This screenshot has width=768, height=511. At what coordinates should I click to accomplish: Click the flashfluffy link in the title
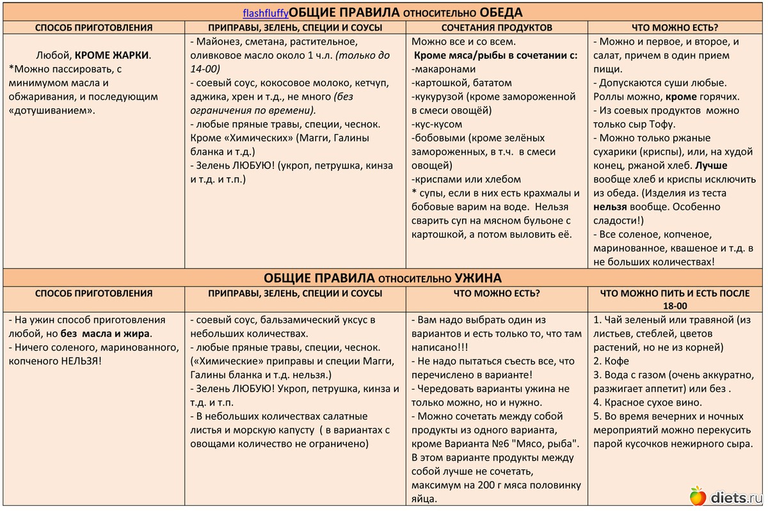266,13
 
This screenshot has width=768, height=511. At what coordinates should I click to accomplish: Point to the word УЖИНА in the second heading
478,278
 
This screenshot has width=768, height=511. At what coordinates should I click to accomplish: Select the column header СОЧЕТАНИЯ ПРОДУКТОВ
497,28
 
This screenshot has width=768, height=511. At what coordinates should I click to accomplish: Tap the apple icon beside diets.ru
697,495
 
